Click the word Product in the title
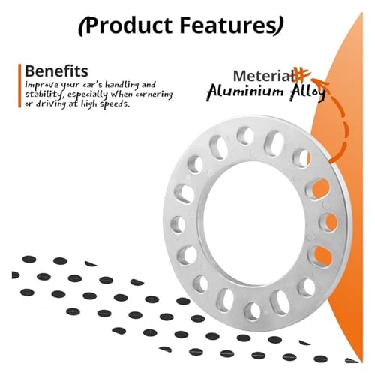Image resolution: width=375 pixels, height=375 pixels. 129,25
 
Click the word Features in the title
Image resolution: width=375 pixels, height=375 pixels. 227,25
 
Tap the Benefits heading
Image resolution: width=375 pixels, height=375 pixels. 56,71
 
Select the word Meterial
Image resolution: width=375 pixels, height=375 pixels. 263,76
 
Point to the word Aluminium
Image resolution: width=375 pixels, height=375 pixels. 245,91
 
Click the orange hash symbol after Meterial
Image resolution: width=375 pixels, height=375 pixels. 302,74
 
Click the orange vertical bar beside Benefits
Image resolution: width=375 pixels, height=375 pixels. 19,85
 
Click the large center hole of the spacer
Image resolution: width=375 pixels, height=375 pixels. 253,223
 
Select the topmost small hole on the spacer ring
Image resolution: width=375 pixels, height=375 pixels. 245,135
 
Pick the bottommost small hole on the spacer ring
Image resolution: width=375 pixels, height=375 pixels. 252,311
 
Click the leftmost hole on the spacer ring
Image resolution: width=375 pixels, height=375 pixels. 178,224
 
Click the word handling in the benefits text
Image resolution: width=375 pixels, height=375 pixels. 121,85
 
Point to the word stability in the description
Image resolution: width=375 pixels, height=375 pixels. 43,94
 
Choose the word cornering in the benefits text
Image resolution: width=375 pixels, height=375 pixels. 154,94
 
